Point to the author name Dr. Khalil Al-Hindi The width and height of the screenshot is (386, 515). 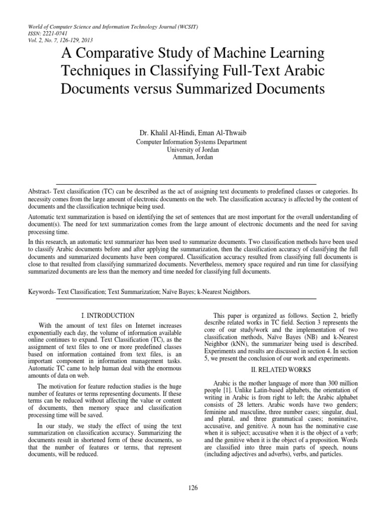coord(167,133)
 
